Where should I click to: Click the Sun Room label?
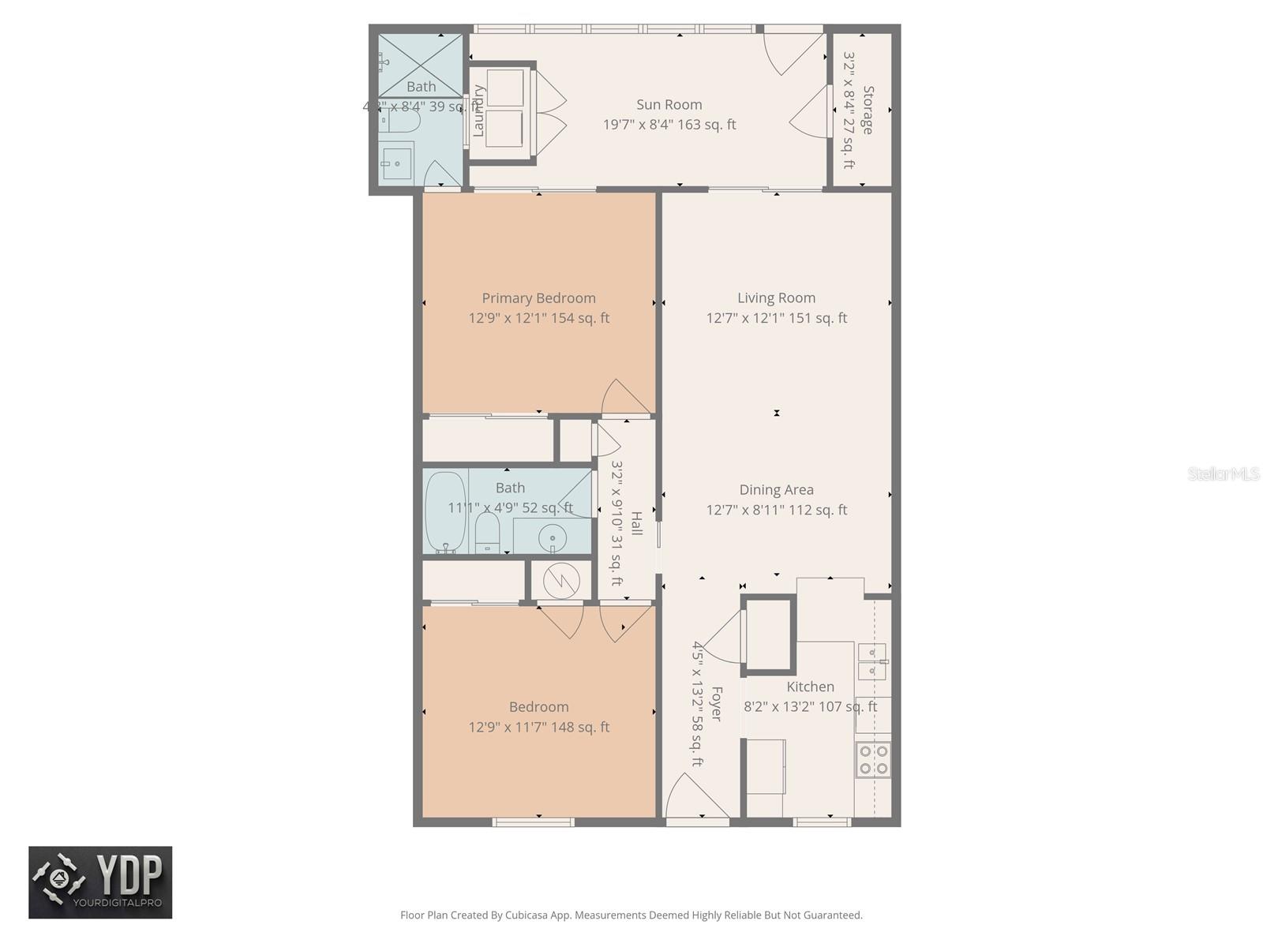(x=669, y=104)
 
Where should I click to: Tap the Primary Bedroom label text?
(x=538, y=298)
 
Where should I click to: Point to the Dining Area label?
(x=776, y=490)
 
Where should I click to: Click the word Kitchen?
(x=810, y=687)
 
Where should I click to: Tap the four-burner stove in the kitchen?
(x=873, y=759)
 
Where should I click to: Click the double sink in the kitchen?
(x=871, y=661)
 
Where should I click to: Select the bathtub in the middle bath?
(x=446, y=512)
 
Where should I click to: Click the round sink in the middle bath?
(x=552, y=539)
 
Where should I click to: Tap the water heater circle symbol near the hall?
(x=561, y=582)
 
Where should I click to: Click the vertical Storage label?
(x=868, y=110)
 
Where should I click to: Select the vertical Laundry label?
(x=478, y=110)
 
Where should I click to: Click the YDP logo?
(x=100, y=882)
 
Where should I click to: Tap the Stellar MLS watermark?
(x=1224, y=473)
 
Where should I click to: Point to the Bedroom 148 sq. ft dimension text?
(x=538, y=727)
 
